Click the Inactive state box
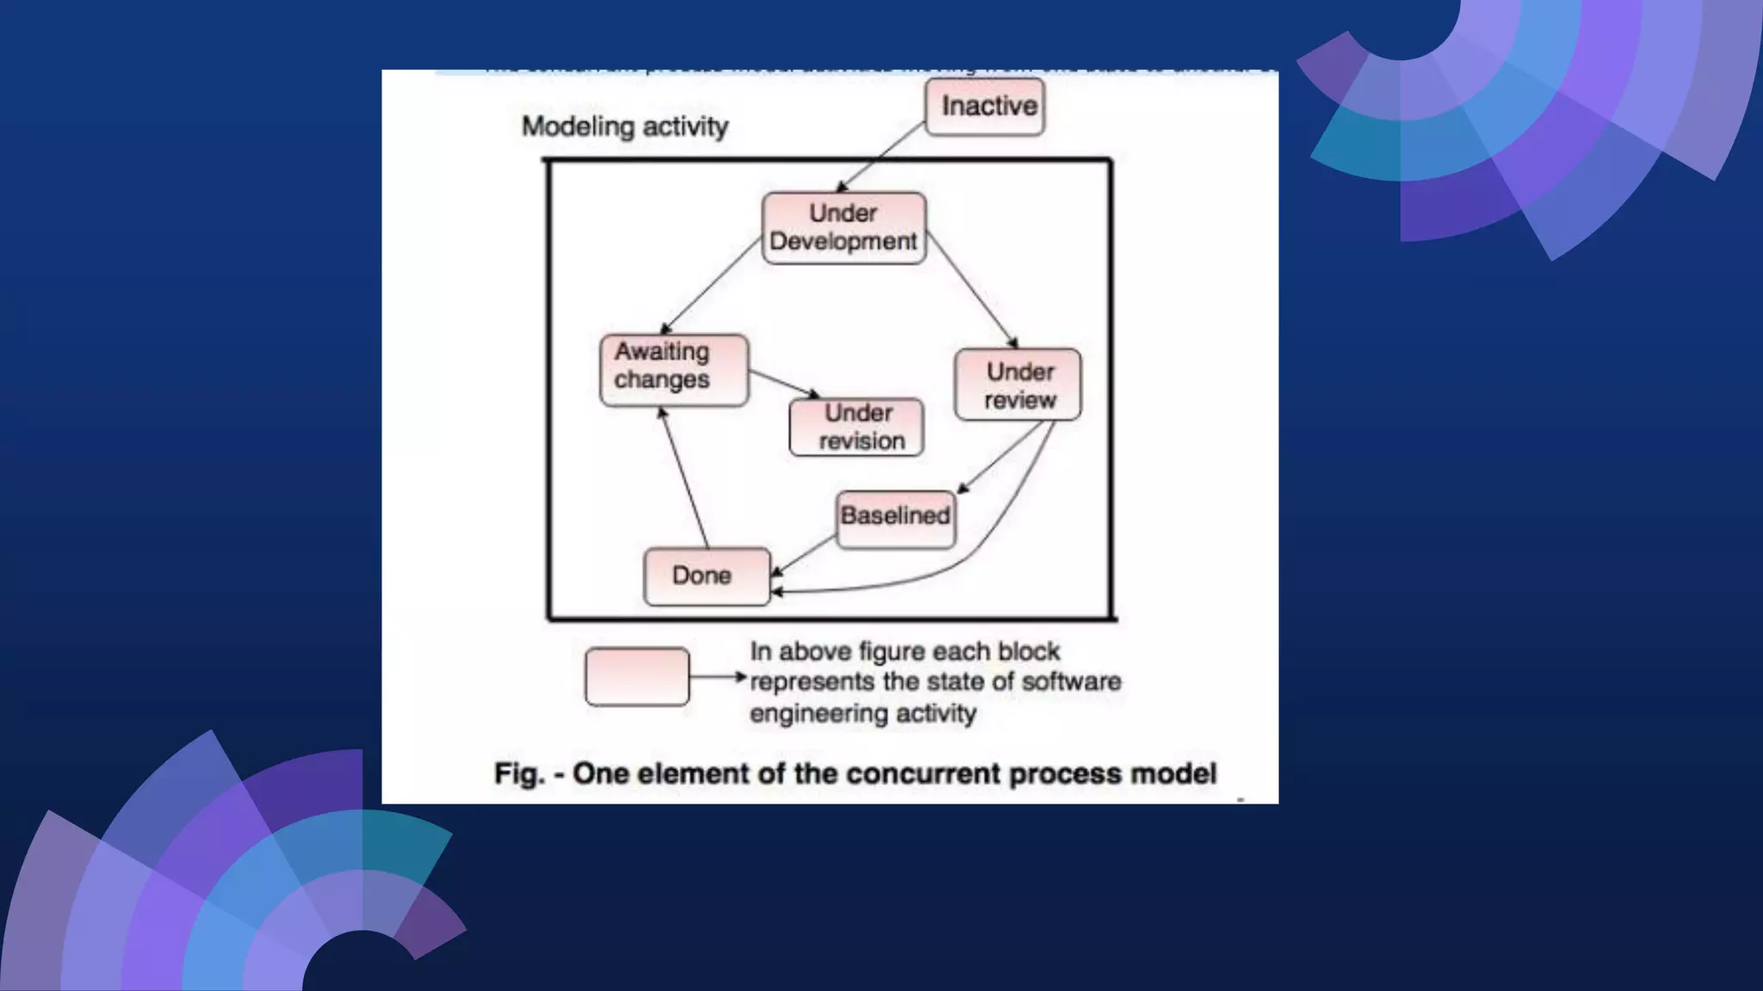(x=985, y=107)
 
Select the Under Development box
(x=844, y=228)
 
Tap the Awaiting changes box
(x=673, y=370)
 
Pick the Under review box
(x=1018, y=385)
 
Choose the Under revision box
(x=857, y=427)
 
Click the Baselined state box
(x=895, y=519)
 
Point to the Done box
(x=707, y=576)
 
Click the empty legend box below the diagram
(x=637, y=677)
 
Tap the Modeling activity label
(x=625, y=126)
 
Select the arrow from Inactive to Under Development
(x=880, y=157)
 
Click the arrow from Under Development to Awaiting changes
(x=710, y=287)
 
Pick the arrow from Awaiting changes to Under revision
(x=783, y=384)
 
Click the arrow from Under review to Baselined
(x=1001, y=456)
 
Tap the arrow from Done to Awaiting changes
(x=684, y=477)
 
